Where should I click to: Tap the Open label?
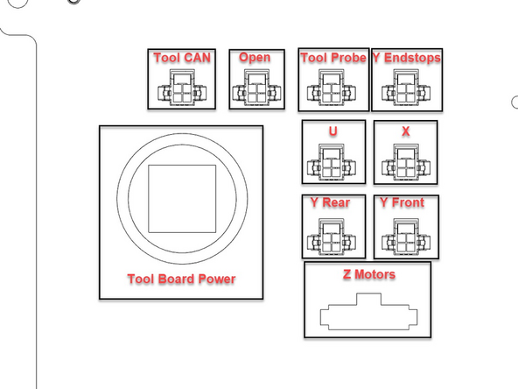click(255, 58)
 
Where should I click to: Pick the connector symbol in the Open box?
click(256, 88)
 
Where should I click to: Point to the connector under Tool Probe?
click(330, 89)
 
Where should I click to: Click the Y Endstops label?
click(406, 59)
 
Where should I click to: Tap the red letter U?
click(332, 131)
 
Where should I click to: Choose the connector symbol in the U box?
click(332, 162)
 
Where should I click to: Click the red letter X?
click(405, 131)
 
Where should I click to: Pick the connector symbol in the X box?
click(405, 162)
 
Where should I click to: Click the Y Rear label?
click(331, 203)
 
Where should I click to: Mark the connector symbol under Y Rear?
click(332, 235)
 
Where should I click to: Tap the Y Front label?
click(403, 203)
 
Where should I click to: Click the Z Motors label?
click(368, 275)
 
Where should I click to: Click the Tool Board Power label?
click(181, 279)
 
